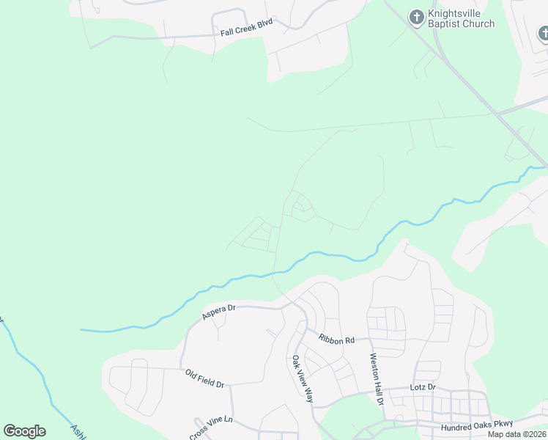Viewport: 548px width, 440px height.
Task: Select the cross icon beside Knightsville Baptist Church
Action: [x=417, y=17]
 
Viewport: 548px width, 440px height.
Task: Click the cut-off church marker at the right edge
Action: [x=543, y=33]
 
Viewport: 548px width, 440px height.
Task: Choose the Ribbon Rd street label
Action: [x=336, y=339]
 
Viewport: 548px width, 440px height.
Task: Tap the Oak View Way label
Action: [x=303, y=379]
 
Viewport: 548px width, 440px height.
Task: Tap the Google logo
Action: [x=24, y=431]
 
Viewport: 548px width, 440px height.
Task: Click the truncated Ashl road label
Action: [x=78, y=431]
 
